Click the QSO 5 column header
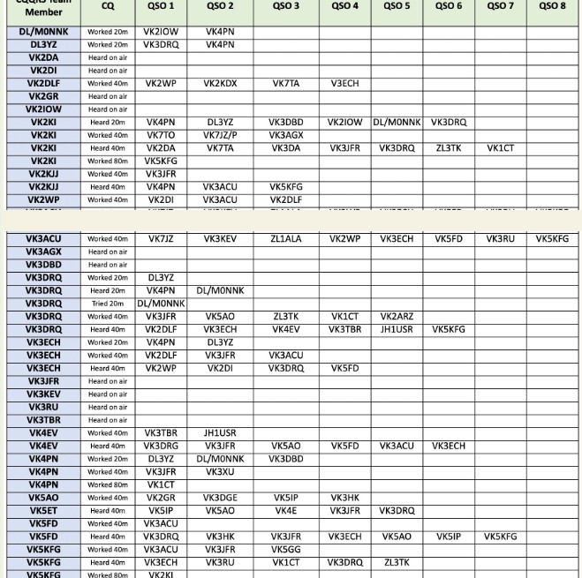click(x=397, y=6)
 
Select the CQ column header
click(x=107, y=6)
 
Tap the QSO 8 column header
click(x=552, y=6)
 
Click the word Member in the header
click(x=43, y=12)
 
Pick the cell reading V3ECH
click(x=344, y=84)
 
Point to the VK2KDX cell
click(x=220, y=84)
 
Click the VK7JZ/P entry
click(x=220, y=136)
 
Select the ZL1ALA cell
click(x=285, y=239)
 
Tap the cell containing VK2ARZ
click(x=397, y=317)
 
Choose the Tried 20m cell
click(x=107, y=304)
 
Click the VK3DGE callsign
click(x=220, y=498)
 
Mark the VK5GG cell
click(x=285, y=550)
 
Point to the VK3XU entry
click(x=220, y=472)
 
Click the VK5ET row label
click(x=42, y=511)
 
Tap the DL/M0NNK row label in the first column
click(x=42, y=32)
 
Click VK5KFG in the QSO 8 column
click(x=552, y=239)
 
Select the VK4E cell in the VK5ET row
click(x=285, y=511)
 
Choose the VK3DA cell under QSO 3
click(x=285, y=149)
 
